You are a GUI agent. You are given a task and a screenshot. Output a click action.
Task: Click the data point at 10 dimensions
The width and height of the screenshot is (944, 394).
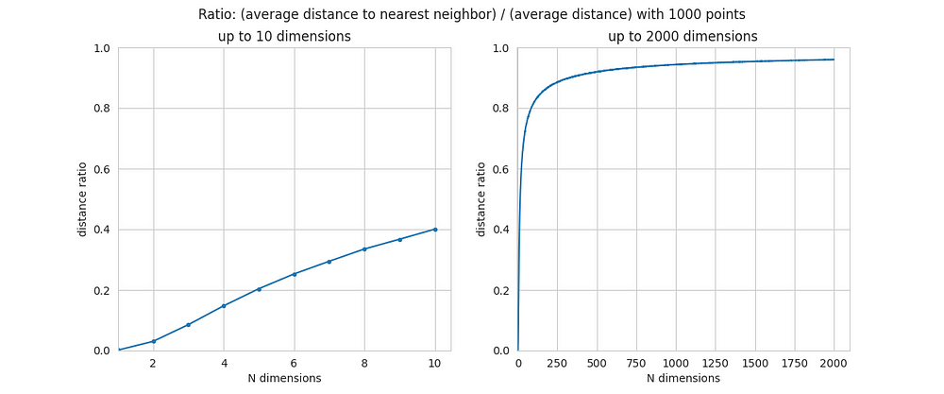(x=435, y=229)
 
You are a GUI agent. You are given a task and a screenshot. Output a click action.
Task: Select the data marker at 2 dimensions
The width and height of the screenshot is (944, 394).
(x=153, y=341)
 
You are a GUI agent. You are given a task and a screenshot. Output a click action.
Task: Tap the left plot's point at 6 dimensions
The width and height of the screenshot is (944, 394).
(x=295, y=274)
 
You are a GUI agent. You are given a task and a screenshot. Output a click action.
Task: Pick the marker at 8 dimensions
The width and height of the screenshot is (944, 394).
(x=364, y=248)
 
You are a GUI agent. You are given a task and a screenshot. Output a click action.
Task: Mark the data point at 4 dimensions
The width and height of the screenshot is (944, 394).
(x=224, y=305)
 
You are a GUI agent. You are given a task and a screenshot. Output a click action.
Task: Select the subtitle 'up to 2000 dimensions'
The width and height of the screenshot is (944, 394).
(x=683, y=36)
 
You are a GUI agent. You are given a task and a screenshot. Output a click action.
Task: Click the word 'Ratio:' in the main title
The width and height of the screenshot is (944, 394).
(x=219, y=15)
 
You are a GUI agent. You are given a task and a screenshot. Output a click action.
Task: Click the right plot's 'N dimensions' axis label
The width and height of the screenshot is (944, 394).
(x=683, y=378)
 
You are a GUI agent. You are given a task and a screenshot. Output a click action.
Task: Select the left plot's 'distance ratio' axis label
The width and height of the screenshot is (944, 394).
(x=83, y=199)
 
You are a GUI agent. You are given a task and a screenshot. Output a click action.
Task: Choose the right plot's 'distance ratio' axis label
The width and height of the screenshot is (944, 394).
(x=481, y=199)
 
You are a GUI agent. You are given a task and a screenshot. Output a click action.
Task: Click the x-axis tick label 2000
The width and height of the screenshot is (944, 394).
(x=834, y=362)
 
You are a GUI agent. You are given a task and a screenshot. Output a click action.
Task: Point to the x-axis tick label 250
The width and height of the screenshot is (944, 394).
(x=557, y=362)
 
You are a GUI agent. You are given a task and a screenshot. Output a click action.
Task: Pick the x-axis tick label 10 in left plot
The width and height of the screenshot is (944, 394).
(x=435, y=362)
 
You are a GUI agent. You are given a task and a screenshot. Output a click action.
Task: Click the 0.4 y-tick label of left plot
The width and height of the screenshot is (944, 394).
(x=102, y=230)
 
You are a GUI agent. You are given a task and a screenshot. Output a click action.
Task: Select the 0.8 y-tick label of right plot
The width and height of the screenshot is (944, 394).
(x=500, y=109)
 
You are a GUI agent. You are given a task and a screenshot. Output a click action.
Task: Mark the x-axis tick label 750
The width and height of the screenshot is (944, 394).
(x=636, y=362)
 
